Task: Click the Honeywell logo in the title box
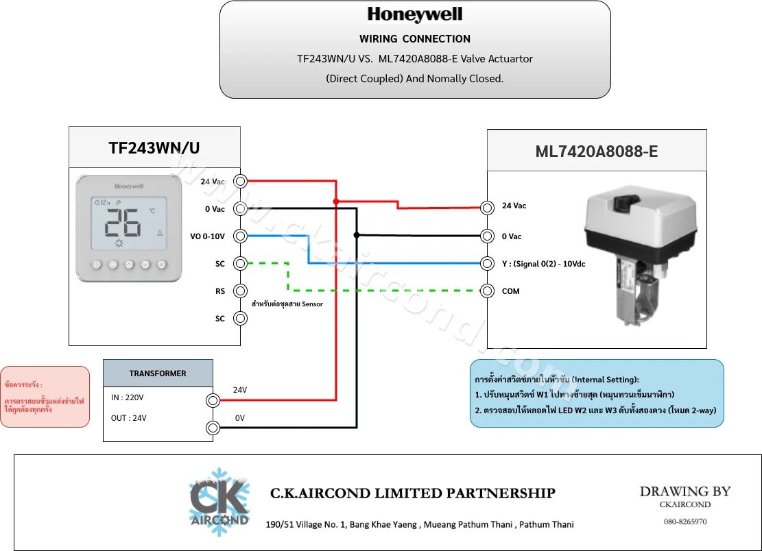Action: tap(414, 14)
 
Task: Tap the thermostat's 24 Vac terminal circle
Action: tap(240, 181)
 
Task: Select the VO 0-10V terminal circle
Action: tap(240, 236)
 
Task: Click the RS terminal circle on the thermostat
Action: tap(240, 291)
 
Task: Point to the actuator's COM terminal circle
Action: tap(487, 291)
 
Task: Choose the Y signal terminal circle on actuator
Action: tap(487, 263)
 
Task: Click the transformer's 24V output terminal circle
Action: tap(213, 400)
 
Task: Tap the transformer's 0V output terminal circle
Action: tap(213, 428)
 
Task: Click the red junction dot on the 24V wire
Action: tap(336, 201)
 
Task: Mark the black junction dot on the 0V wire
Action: tap(357, 235)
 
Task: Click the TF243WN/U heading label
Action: tap(154, 147)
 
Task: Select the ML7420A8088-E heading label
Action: tap(597, 151)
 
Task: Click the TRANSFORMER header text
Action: tap(158, 374)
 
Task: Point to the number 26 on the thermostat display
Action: tap(123, 223)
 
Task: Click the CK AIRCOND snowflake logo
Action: tap(219, 502)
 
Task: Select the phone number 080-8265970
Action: tap(685, 522)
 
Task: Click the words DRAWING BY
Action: tap(685, 491)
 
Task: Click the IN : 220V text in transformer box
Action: tap(128, 397)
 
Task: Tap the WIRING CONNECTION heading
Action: tap(414, 39)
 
